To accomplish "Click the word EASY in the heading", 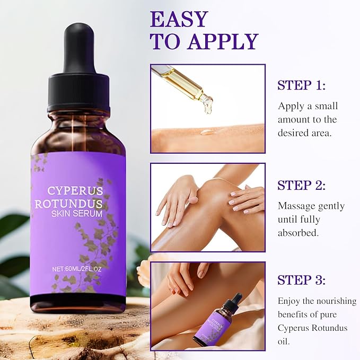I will click(x=179, y=19).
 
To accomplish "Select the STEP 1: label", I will click(x=302, y=85).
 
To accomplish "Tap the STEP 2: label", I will click(x=302, y=185).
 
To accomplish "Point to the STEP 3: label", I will click(x=302, y=280).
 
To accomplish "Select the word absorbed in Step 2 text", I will click(x=297, y=232).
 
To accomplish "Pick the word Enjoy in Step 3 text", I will click(x=290, y=301).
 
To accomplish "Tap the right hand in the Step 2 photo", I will click(x=247, y=198).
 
